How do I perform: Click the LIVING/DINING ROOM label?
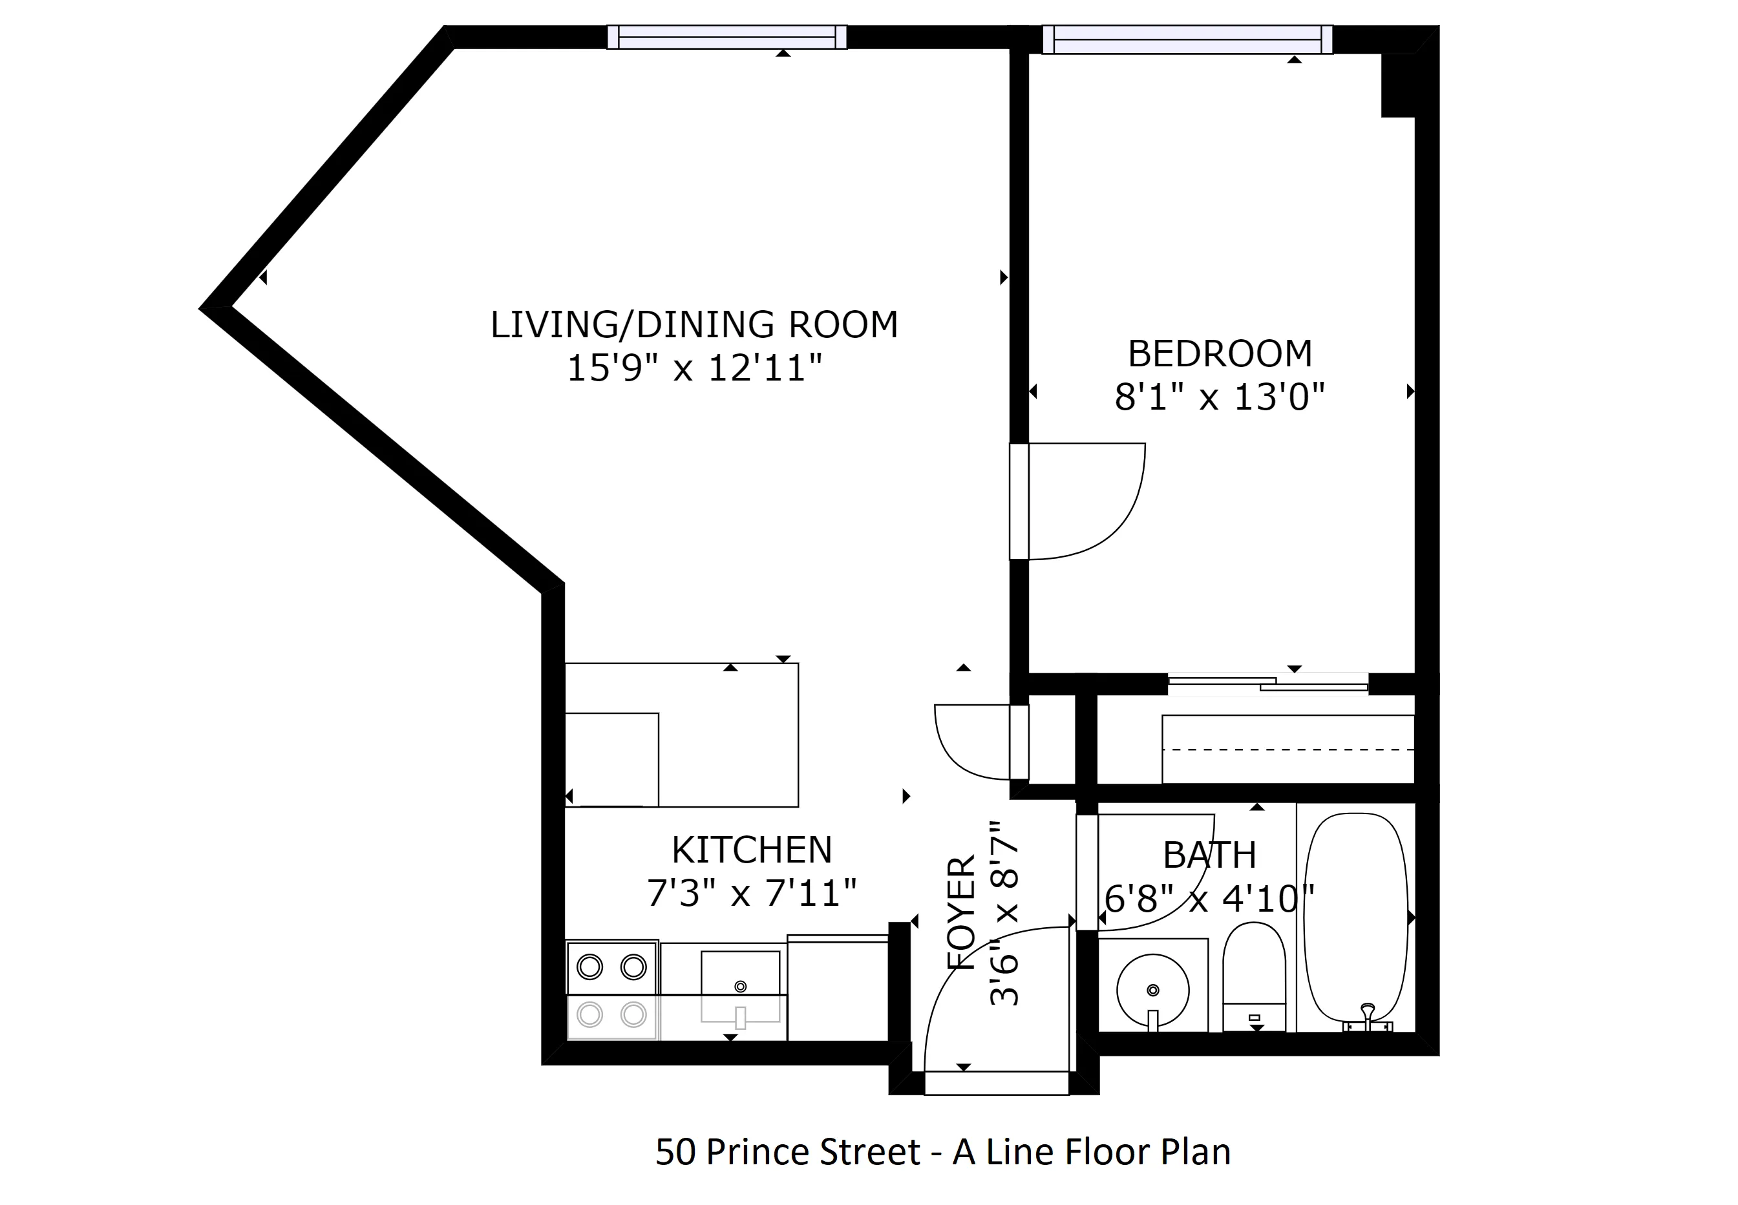pyautogui.click(x=694, y=324)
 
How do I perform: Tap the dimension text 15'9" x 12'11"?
pyautogui.click(x=694, y=368)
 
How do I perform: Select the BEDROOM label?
pyautogui.click(x=1219, y=353)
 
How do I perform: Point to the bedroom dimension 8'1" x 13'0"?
pyautogui.click(x=1219, y=396)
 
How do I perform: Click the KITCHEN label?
pyautogui.click(x=751, y=850)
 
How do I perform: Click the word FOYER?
pyautogui.click(x=962, y=913)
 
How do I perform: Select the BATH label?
pyautogui.click(x=1209, y=855)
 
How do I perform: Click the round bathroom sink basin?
pyautogui.click(x=1152, y=990)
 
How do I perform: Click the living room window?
pyautogui.click(x=726, y=37)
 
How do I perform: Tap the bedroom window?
pyautogui.click(x=1187, y=39)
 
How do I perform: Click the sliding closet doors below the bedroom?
pyautogui.click(x=1268, y=684)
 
